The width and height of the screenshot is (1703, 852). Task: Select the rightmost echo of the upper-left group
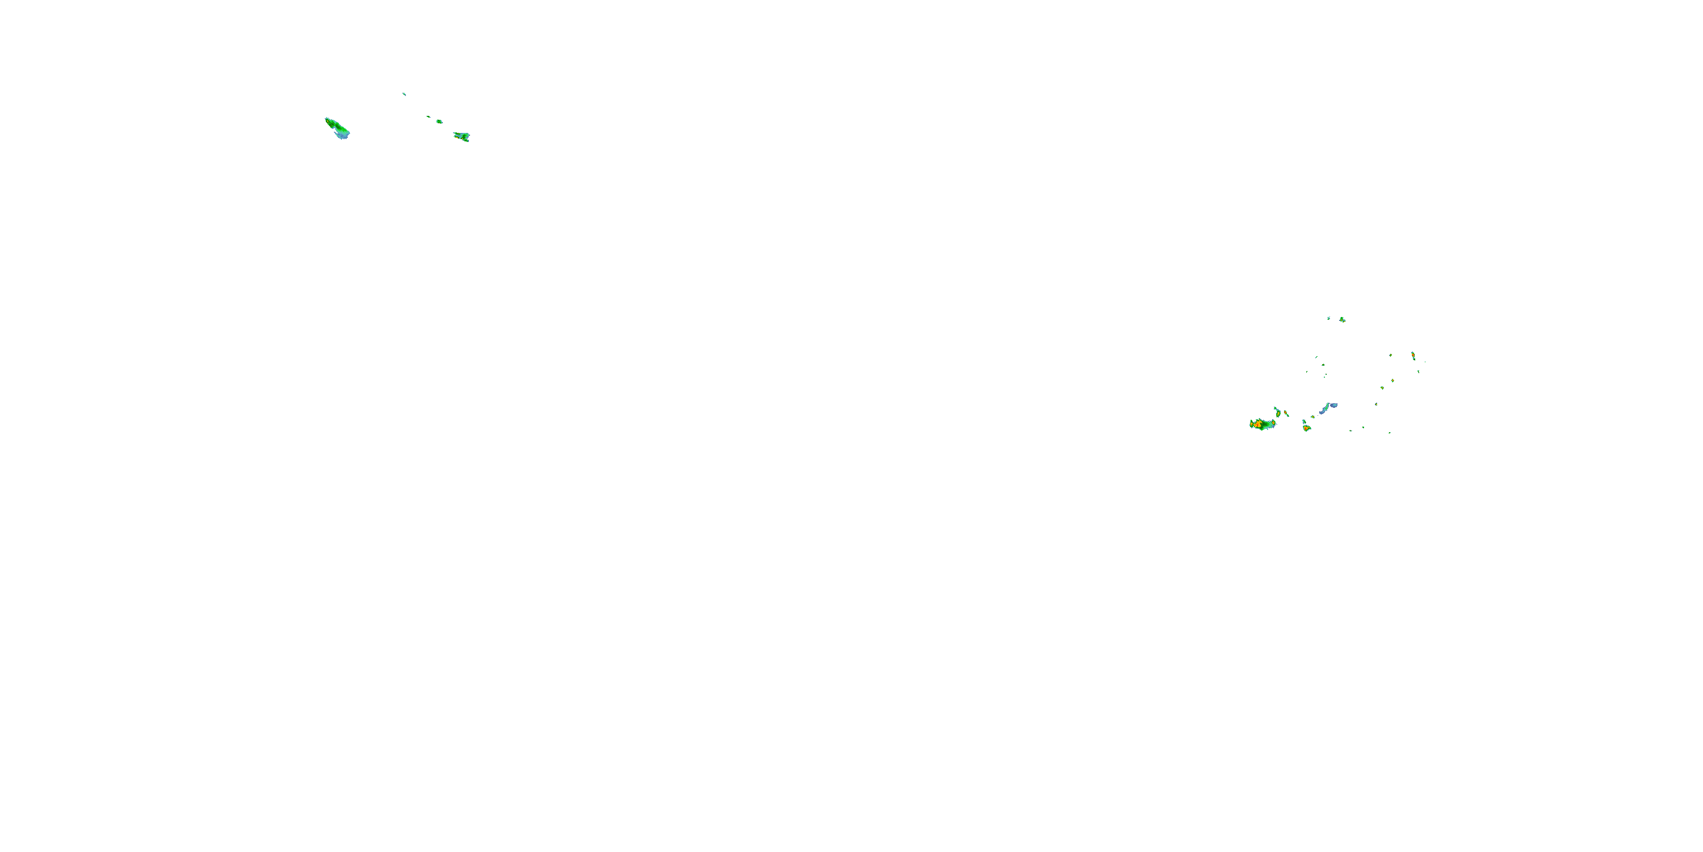(x=462, y=136)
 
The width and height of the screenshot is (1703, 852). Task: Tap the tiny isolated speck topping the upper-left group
(x=404, y=94)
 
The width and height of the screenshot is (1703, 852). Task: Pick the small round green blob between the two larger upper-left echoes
(x=439, y=121)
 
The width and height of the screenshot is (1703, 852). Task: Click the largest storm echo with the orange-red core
(x=1262, y=424)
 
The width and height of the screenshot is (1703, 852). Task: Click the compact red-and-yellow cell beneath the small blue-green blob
(x=1306, y=429)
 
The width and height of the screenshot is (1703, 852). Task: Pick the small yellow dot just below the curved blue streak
(x=1312, y=417)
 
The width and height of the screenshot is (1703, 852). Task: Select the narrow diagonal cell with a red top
(x=1286, y=414)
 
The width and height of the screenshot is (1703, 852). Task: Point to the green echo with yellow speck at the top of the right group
(x=1342, y=319)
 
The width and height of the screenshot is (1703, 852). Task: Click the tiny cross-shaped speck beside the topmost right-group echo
(x=1328, y=318)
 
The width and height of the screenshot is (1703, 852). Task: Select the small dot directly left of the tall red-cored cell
(x=1390, y=355)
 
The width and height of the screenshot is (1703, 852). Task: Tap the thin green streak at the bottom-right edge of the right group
(x=1389, y=433)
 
